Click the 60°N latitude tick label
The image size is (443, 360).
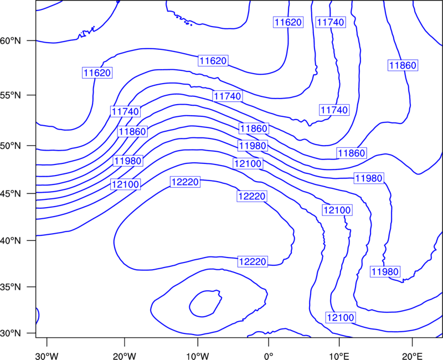click(11, 41)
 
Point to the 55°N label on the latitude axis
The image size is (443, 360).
click(11, 95)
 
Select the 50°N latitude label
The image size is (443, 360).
click(11, 146)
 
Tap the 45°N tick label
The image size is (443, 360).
click(11, 193)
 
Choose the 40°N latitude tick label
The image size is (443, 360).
click(11, 241)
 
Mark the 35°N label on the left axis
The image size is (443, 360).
click(11, 287)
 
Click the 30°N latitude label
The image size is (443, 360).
click(11, 333)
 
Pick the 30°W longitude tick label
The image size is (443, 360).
click(47, 356)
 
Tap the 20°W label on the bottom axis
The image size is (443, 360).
click(125, 356)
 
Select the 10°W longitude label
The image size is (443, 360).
click(198, 356)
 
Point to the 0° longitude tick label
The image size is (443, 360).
click(269, 356)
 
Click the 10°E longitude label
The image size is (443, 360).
click(339, 356)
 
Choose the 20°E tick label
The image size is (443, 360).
click(412, 356)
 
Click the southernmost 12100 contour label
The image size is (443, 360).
click(341, 317)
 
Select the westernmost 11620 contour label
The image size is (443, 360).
click(97, 73)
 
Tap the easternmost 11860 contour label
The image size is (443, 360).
click(403, 65)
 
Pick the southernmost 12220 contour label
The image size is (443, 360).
click(253, 261)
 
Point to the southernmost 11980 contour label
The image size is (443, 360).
click(385, 271)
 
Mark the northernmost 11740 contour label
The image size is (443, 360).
click(331, 22)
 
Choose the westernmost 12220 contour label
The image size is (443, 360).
click(185, 182)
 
